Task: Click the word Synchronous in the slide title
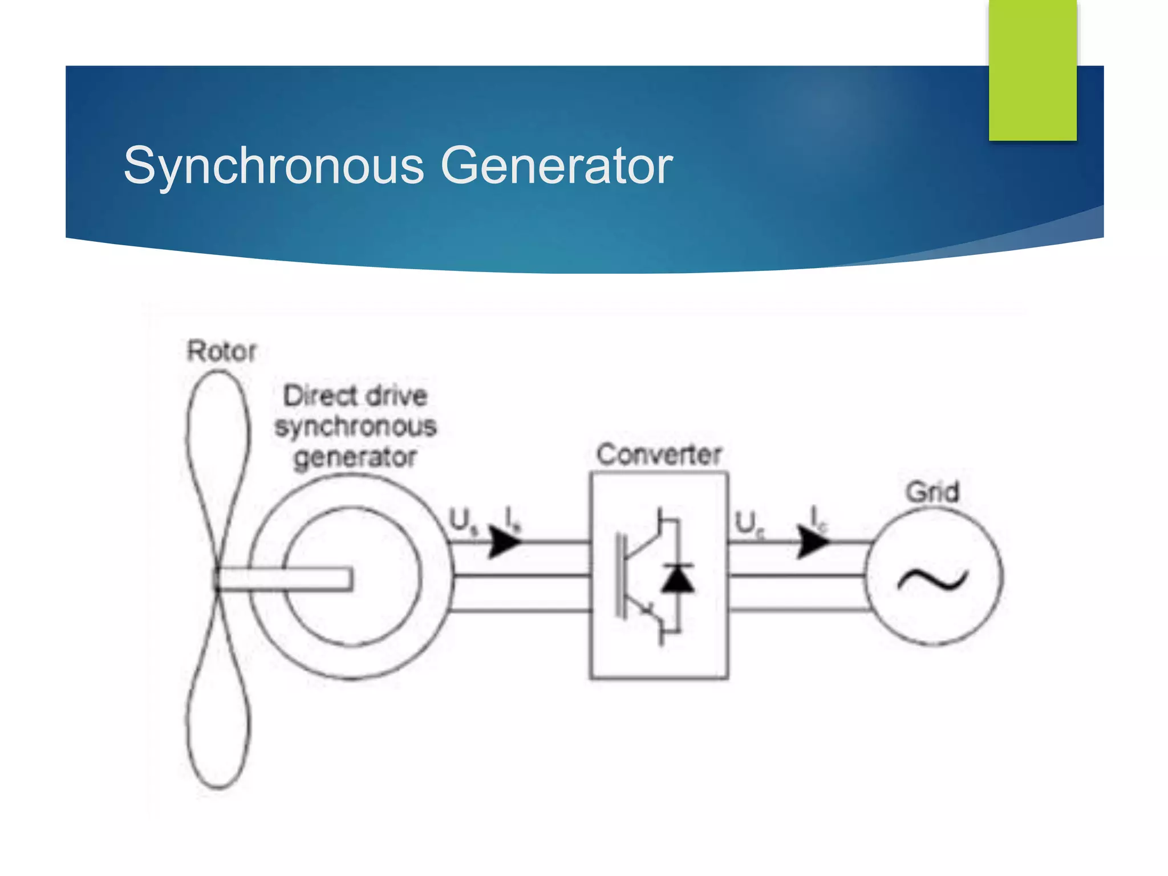click(x=274, y=166)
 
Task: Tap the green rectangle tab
click(x=1032, y=70)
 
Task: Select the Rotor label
click(x=222, y=351)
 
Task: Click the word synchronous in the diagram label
click(x=355, y=427)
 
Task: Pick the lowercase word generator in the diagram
click(x=355, y=457)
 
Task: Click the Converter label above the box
click(x=659, y=455)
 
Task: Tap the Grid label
click(x=932, y=492)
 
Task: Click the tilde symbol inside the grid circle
click(x=932, y=580)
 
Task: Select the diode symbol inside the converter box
click(x=678, y=578)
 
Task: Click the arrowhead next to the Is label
click(x=505, y=541)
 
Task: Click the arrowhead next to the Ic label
click(x=812, y=541)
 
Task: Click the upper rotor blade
click(x=218, y=456)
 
